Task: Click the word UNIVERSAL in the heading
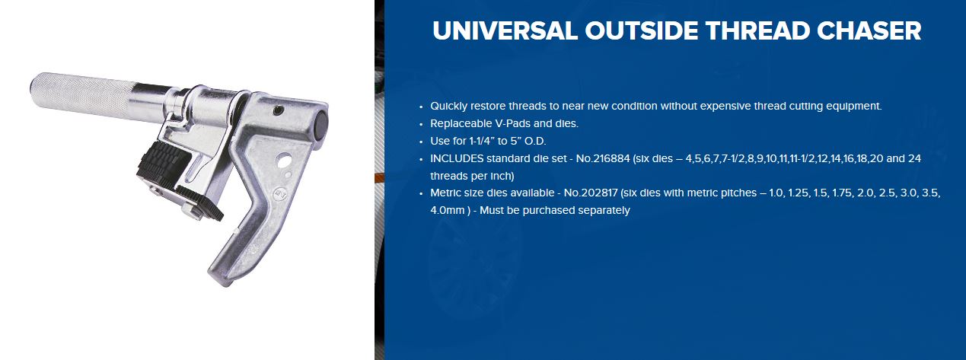(x=505, y=31)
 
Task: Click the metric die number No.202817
(x=591, y=193)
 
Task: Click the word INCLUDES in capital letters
(x=457, y=158)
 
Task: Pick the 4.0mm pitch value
(x=448, y=210)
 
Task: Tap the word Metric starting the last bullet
(x=445, y=193)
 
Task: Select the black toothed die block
(x=164, y=163)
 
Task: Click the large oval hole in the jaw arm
(x=283, y=161)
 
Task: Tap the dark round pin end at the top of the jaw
(x=320, y=124)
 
